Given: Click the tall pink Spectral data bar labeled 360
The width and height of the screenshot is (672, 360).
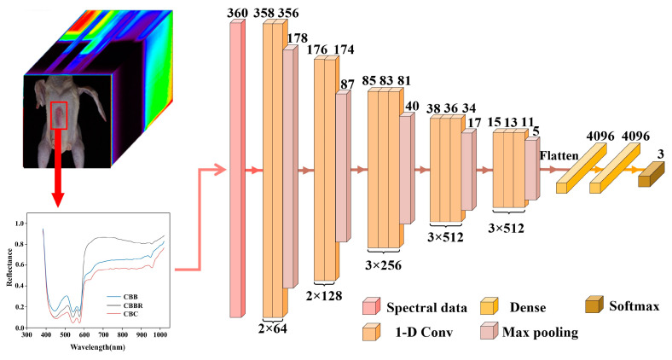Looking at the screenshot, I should point(236,171).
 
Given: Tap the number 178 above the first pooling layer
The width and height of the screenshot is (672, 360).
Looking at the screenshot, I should point(298,38).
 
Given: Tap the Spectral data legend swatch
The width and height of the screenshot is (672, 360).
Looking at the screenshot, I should point(371,305).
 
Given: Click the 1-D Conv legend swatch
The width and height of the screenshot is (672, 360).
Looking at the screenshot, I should point(371,333).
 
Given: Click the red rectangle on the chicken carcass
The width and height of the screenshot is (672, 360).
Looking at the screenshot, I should point(58,114).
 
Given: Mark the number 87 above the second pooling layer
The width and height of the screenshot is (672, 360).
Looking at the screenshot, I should point(347,84).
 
